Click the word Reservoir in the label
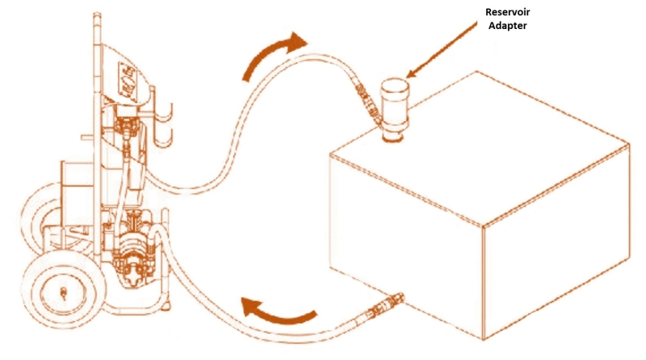(507, 12)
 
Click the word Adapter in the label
(507, 26)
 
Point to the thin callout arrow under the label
(441, 49)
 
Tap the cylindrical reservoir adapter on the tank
(395, 109)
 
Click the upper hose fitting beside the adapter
(368, 103)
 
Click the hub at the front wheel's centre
(64, 293)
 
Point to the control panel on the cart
(128, 82)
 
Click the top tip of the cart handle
(97, 15)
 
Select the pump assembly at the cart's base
(132, 247)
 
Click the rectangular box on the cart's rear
(78, 192)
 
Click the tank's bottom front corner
(483, 339)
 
